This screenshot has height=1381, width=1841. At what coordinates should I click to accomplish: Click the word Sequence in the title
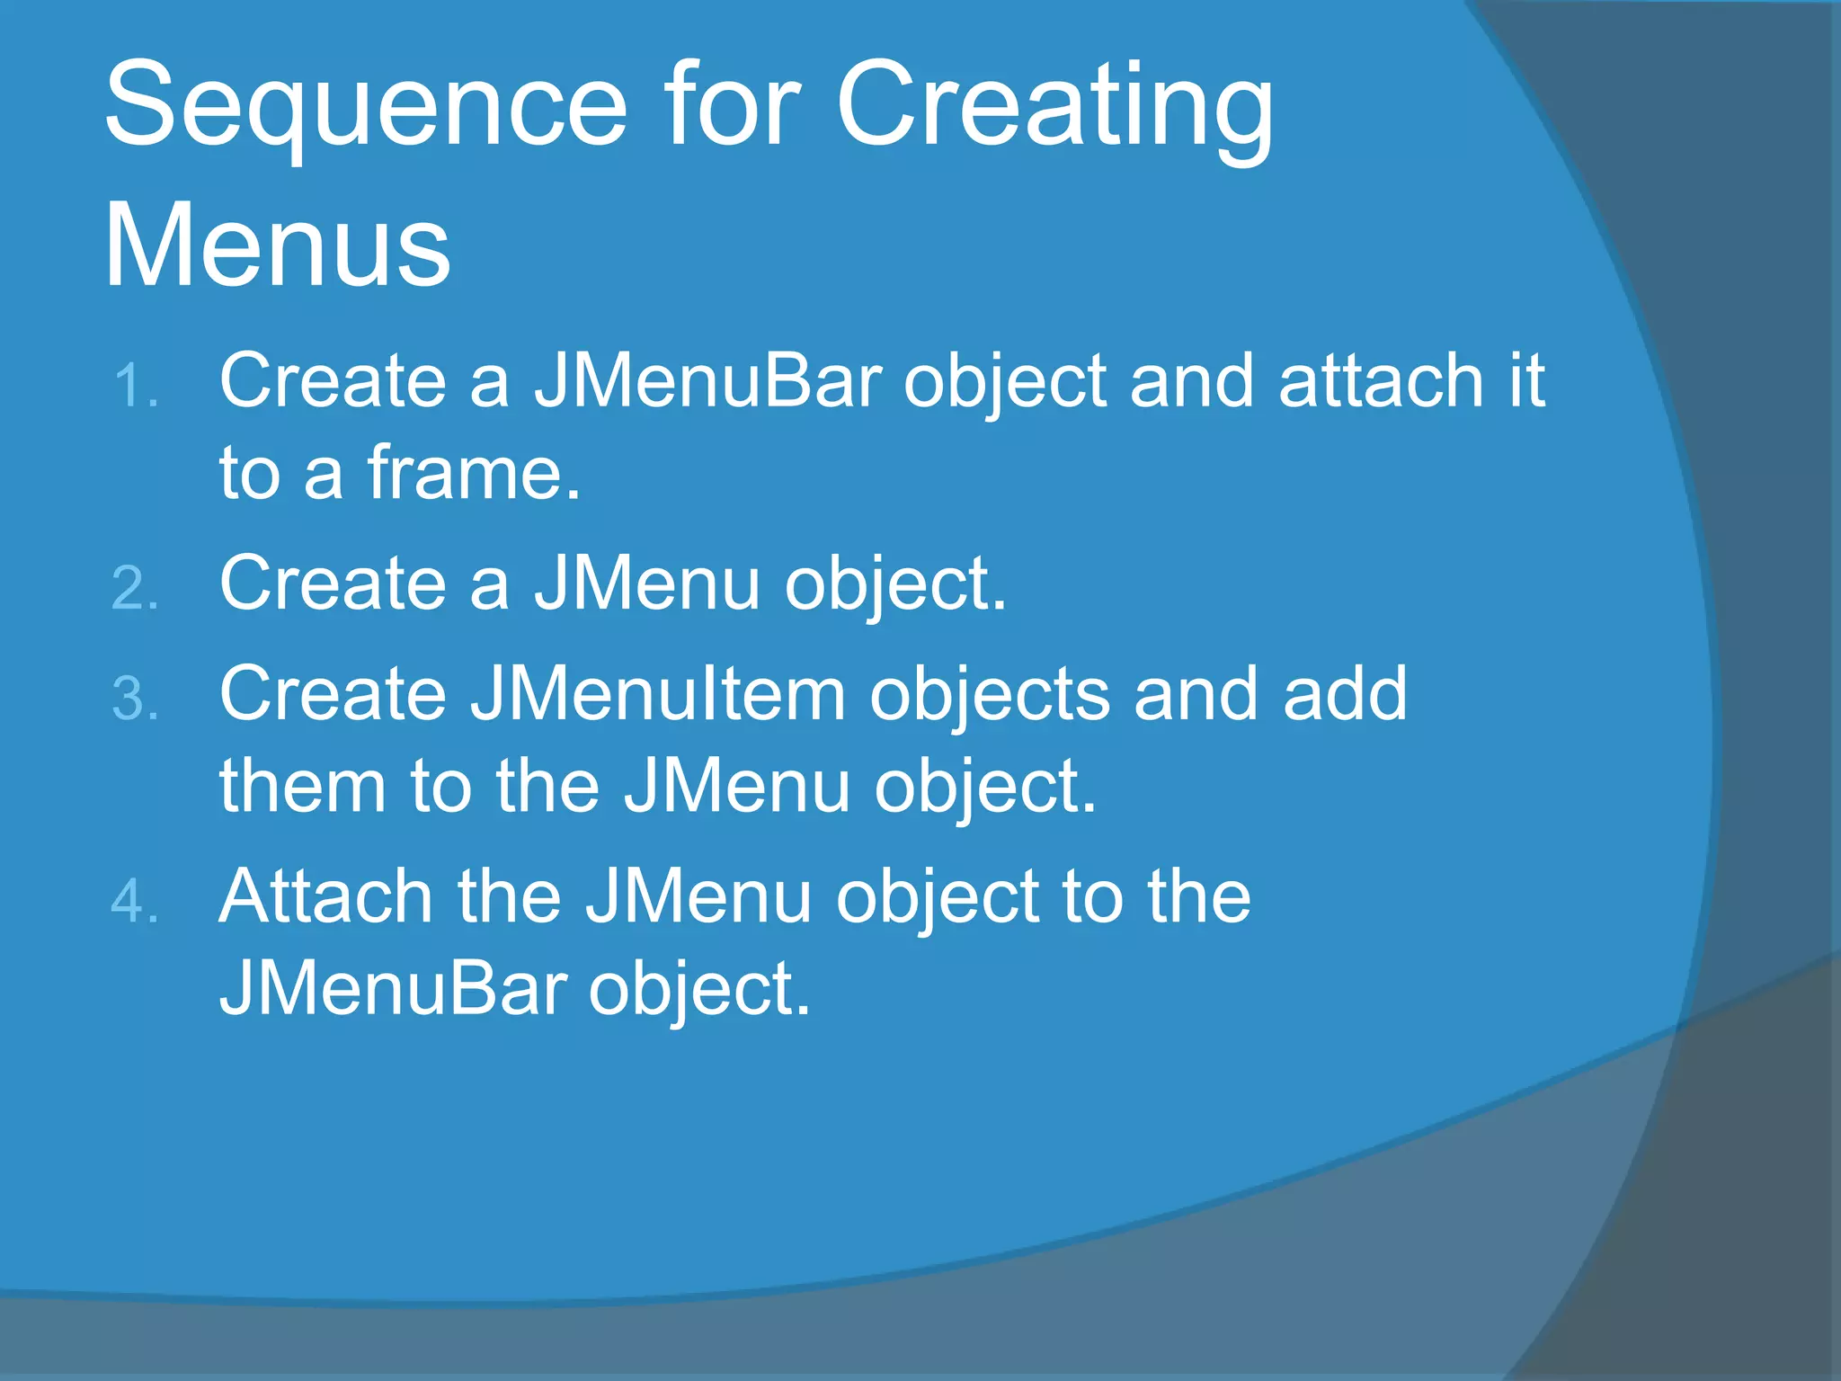[365, 106]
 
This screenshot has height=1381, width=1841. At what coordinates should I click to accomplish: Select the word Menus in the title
[277, 245]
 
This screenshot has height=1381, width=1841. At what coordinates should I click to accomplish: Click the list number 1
[135, 387]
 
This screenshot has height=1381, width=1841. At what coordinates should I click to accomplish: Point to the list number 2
[135, 589]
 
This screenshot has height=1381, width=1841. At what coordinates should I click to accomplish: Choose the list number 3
[135, 699]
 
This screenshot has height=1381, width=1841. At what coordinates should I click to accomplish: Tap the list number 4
[135, 902]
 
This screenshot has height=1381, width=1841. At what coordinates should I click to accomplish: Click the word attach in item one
[1381, 381]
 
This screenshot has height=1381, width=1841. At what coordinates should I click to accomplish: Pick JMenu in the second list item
[647, 584]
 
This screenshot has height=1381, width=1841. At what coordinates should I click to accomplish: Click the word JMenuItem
[657, 694]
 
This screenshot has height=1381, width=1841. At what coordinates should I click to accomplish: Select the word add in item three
[1345, 694]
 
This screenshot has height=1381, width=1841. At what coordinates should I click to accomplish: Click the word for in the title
[732, 104]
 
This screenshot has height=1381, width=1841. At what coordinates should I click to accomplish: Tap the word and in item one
[1192, 381]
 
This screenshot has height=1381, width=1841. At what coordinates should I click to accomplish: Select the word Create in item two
[333, 584]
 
